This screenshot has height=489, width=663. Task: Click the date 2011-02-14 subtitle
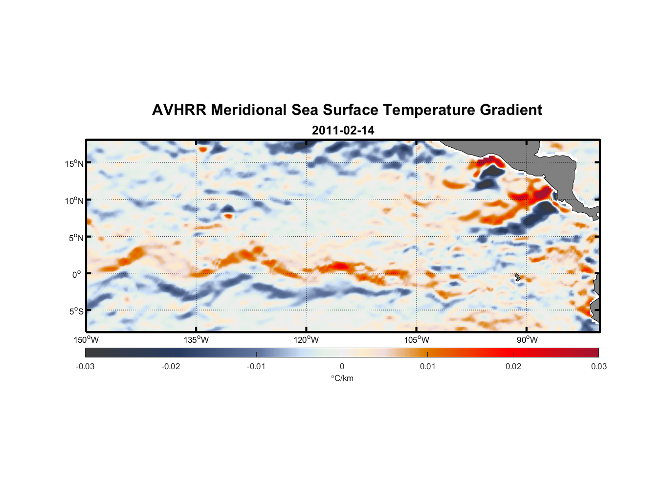[343, 131]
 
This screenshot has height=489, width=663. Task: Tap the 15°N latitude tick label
[74, 163]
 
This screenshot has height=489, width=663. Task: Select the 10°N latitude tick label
[74, 200]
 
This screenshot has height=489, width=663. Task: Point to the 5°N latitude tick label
[76, 238]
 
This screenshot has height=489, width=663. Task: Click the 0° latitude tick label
[77, 274]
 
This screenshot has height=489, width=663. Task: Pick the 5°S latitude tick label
[76, 311]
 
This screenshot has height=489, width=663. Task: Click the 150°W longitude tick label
[86, 340]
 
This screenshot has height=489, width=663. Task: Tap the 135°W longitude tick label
[196, 340]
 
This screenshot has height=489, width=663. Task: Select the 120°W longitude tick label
[306, 340]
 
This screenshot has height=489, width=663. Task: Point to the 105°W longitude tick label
[416, 340]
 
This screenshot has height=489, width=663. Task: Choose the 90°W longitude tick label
[527, 340]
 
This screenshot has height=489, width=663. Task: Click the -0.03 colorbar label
[85, 366]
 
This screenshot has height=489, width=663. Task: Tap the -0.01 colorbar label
[256, 366]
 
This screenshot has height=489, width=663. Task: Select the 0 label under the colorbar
[342, 366]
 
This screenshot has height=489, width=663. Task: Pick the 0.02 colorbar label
[513, 366]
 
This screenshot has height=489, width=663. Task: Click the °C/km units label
[342, 378]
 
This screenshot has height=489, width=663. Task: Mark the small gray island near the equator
[517, 277]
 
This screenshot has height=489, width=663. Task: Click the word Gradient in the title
[510, 110]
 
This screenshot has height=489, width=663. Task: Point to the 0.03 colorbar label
[598, 366]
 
